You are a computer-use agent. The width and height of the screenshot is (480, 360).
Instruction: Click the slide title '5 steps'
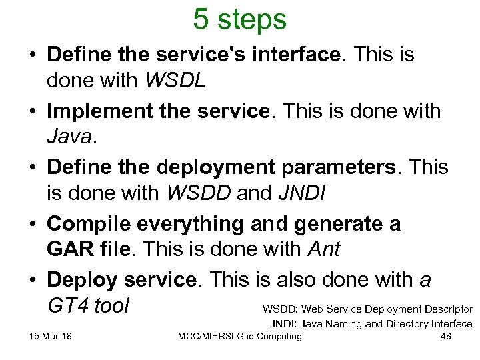pyautogui.click(x=239, y=19)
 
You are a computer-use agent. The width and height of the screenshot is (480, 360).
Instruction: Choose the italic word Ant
pyautogui.click(x=324, y=250)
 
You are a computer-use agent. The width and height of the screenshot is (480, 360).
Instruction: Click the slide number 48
pyautogui.click(x=446, y=336)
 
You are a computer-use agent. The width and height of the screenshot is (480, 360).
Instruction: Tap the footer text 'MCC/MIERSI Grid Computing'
pyautogui.click(x=240, y=336)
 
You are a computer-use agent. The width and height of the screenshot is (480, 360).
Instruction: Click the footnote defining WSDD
pyautogui.click(x=367, y=309)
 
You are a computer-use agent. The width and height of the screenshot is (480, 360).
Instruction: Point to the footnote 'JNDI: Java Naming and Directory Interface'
pyautogui.click(x=371, y=324)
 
